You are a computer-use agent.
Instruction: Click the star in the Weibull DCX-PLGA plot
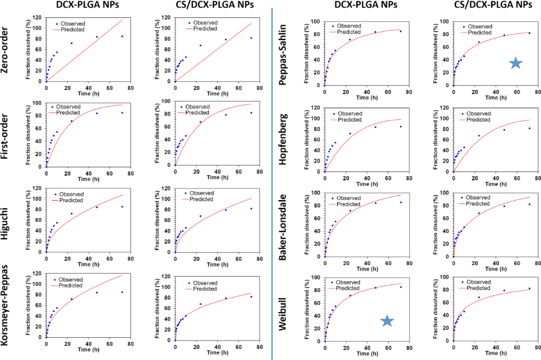[387, 321]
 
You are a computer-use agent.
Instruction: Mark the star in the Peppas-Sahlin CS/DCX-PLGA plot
[516, 63]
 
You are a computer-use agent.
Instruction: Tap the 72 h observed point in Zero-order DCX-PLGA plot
[123, 36]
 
